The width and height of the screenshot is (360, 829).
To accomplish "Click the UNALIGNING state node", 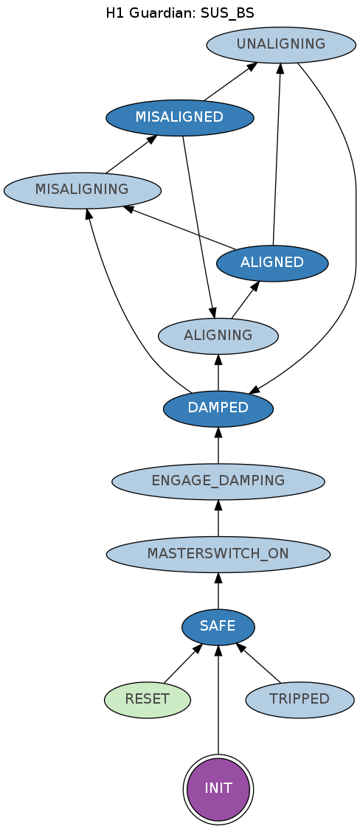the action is [x=281, y=44].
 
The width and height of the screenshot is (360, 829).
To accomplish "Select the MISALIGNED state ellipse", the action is [x=180, y=117].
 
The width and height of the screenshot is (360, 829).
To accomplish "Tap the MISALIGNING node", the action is [x=82, y=190].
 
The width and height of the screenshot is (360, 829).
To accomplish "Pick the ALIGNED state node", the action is [x=272, y=263].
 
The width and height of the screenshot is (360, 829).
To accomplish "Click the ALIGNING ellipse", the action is [x=218, y=336].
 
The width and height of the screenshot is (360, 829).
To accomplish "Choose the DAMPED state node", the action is [x=218, y=409].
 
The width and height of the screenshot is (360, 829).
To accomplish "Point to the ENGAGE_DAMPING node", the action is [x=218, y=482].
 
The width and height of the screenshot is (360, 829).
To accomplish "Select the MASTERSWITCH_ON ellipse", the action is [x=218, y=555].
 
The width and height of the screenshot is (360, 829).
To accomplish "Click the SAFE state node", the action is [x=218, y=627].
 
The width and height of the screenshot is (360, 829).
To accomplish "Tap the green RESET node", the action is [x=148, y=699].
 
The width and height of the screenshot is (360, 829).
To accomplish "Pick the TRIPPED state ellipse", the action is [x=300, y=699].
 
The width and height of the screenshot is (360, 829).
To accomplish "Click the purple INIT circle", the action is [x=218, y=789].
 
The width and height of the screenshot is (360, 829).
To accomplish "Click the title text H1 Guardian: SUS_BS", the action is [x=180, y=13].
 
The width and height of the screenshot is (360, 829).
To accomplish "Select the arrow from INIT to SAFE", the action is [x=218, y=699].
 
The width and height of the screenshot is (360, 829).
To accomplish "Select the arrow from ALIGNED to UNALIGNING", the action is [x=277, y=154].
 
